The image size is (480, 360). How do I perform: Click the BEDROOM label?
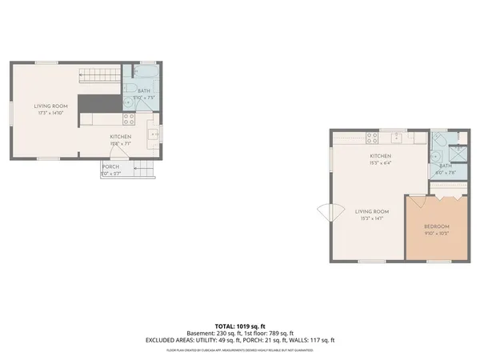(436, 226)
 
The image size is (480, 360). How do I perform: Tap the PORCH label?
(110, 166)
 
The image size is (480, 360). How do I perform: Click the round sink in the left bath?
(128, 102)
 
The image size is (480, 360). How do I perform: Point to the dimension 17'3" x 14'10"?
(50, 113)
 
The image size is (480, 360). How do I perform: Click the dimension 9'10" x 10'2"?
(436, 234)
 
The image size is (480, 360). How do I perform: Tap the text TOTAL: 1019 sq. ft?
(239, 326)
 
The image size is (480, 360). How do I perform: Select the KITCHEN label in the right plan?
(379, 155)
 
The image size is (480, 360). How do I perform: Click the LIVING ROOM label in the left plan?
(50, 106)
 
